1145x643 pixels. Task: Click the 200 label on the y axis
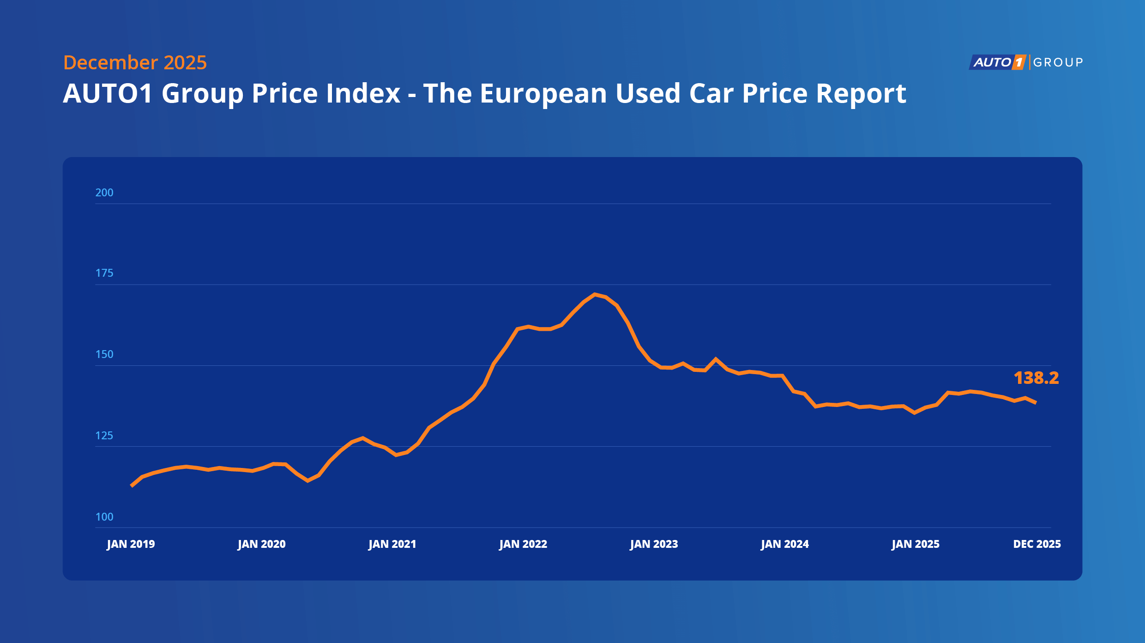[x=104, y=193]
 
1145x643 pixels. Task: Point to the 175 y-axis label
[x=104, y=273]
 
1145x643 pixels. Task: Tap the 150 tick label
[x=104, y=354]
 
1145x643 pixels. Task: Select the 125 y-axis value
[x=104, y=436]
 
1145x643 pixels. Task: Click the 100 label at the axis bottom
[x=104, y=517]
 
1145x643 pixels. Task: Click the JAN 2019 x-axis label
[x=131, y=544]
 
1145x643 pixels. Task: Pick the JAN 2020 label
[x=262, y=544]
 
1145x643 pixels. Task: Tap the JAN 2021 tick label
[x=392, y=544]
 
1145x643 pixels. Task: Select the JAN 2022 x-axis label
[x=523, y=544]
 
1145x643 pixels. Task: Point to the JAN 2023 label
[x=654, y=544]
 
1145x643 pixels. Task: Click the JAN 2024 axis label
[x=785, y=544]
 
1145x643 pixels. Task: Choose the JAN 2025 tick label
[x=916, y=544]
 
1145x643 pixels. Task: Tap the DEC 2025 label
[x=1037, y=544]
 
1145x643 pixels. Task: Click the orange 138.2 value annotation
[x=1036, y=378]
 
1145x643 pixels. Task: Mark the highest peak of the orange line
[x=595, y=294]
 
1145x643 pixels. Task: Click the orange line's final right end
[x=1036, y=403]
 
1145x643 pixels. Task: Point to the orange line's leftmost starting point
[x=132, y=486]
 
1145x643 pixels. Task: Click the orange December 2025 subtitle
[x=135, y=62]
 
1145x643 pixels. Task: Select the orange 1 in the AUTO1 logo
[x=1018, y=62]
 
